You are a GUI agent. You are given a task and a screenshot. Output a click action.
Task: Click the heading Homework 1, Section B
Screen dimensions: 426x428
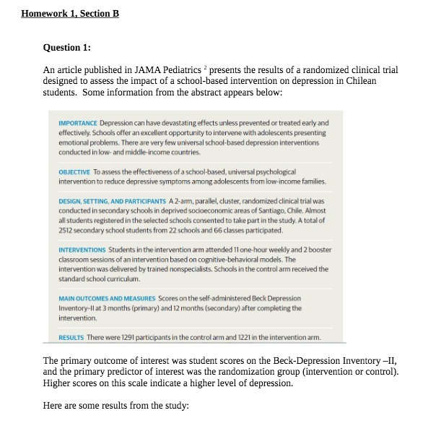click(70, 14)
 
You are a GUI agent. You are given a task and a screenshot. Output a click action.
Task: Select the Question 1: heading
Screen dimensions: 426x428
click(67, 48)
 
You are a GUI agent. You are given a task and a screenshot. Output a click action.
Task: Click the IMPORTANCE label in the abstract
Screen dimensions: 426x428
click(78, 123)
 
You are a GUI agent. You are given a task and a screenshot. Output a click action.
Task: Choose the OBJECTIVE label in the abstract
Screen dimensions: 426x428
click(74, 172)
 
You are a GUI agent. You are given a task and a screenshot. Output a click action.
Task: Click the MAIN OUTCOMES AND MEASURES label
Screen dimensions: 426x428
click(106, 298)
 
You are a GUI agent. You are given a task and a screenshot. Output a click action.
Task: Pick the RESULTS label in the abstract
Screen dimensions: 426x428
click(71, 337)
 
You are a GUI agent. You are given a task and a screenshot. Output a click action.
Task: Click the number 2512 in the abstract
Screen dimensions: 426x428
click(66, 230)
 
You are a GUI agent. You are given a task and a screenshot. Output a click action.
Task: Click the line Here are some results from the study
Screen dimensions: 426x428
click(115, 405)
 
